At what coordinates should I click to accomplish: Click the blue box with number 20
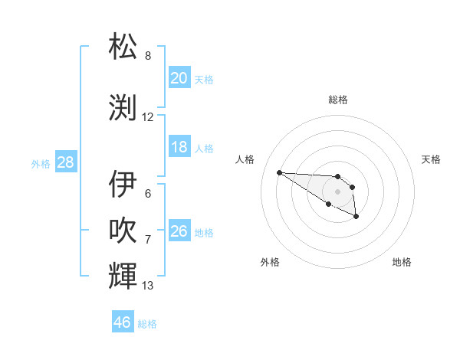pyautogui.click(x=179, y=78)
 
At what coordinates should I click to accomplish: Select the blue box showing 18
pyautogui.click(x=179, y=147)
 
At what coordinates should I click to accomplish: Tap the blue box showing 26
pyautogui.click(x=179, y=231)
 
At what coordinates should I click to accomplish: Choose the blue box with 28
pyautogui.click(x=65, y=162)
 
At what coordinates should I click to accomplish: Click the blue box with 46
pyautogui.click(x=123, y=322)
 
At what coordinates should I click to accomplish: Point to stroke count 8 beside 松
pyautogui.click(x=148, y=56)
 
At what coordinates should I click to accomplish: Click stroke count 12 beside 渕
pyautogui.click(x=148, y=117)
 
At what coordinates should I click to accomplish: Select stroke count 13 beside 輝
pyautogui.click(x=148, y=286)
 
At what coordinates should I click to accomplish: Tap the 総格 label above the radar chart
pyautogui.click(x=338, y=100)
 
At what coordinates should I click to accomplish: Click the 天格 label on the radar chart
pyautogui.click(x=431, y=159)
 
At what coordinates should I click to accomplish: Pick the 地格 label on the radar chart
pyautogui.click(x=402, y=262)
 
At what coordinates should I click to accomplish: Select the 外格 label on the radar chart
pyautogui.click(x=270, y=262)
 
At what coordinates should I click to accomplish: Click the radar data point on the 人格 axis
pyautogui.click(x=279, y=172)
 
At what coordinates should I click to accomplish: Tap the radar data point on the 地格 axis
pyautogui.click(x=356, y=218)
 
